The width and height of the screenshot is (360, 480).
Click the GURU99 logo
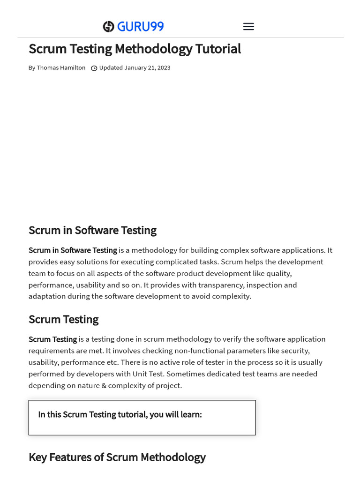134,27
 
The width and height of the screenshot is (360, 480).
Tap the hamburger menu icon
248,27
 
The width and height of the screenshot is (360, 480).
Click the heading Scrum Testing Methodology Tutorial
135,49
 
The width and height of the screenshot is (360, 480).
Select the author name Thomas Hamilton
61,68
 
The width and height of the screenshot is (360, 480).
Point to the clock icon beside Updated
94,68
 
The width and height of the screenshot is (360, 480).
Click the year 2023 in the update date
164,68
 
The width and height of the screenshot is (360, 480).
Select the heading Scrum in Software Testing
92,230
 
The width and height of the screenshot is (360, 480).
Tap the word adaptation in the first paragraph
47,296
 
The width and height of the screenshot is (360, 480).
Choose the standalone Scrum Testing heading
63,319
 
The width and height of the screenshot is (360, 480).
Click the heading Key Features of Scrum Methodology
117,457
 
